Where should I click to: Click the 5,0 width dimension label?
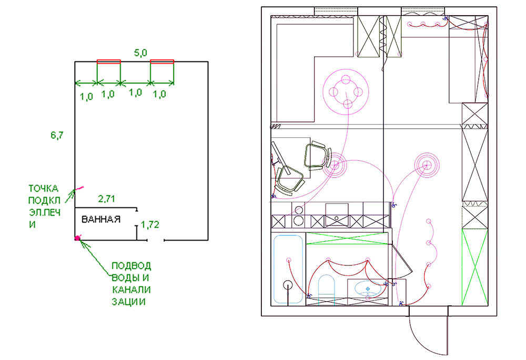pyautogui.click(x=140, y=53)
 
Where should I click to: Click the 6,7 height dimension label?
pyautogui.click(x=57, y=136)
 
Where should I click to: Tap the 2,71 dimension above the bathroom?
pyautogui.click(x=106, y=199)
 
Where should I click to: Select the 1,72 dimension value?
pyautogui.click(x=150, y=224)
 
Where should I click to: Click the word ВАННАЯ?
pyautogui.click(x=101, y=219)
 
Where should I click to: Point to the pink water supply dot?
pyautogui.click(x=77, y=238)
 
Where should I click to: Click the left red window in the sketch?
pyautogui.click(x=109, y=61)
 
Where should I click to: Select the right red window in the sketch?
pyautogui.click(x=162, y=61)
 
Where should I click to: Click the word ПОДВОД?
pyautogui.click(x=131, y=266)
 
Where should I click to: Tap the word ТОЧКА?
pyautogui.click(x=43, y=188)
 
